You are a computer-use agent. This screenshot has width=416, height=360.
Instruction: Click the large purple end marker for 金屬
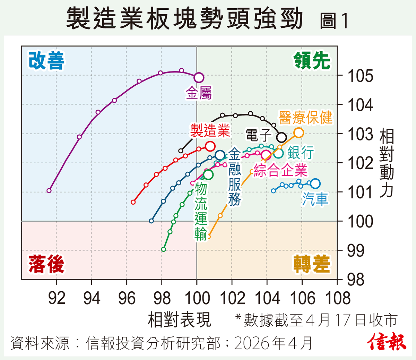pos(199,77)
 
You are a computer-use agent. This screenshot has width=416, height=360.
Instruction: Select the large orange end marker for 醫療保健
pos(298,132)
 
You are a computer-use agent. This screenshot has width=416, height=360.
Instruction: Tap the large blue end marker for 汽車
pos(315,183)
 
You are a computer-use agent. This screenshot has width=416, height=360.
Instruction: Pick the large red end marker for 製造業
pos(210,146)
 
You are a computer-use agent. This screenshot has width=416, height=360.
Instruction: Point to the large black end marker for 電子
pos(281,137)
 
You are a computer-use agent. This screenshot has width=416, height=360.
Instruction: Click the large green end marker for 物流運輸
pos(208,174)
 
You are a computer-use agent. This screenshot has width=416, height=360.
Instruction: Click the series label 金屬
pos(199,93)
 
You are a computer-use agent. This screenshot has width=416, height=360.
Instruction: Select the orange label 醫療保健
pos(305,118)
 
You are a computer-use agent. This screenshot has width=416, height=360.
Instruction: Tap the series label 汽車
pos(315,199)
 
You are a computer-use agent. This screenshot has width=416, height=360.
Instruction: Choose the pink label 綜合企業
pos(280,170)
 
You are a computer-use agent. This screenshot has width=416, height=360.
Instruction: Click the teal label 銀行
pos(301,152)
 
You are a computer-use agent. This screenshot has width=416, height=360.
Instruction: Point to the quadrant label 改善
pos(46,61)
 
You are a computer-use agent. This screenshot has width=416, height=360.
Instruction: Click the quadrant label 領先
pos(312,61)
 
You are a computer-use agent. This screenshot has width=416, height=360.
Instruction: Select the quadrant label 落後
pos(46,264)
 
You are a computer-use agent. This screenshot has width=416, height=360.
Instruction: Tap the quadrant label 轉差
pos(312,264)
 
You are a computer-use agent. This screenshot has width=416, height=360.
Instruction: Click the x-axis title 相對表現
pos(179,319)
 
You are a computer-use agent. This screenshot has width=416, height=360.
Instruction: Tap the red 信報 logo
pos(387,342)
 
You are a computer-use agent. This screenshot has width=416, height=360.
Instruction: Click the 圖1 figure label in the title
pos(334,21)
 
